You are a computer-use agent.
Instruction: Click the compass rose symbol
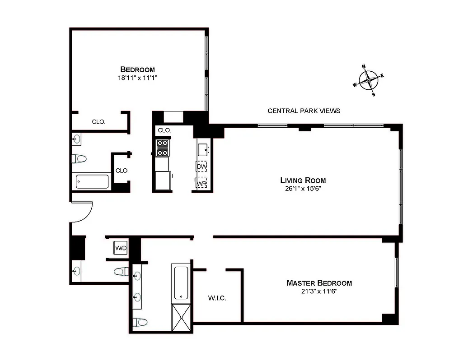(370, 81)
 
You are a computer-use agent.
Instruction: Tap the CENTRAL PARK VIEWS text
(304, 111)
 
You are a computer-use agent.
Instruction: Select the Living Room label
(303, 180)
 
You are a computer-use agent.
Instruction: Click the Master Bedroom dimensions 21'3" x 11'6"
(319, 292)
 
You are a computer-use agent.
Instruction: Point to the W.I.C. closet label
(217, 298)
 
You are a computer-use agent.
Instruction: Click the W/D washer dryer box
(121, 248)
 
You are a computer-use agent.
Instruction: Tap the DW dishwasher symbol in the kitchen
(201, 167)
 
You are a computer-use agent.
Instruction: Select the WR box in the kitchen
(201, 184)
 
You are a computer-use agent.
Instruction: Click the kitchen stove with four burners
(162, 148)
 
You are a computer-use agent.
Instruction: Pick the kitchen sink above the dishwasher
(202, 148)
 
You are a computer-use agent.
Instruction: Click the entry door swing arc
(83, 212)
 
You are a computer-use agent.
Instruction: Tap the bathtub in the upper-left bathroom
(92, 182)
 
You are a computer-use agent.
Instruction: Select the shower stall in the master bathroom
(182, 318)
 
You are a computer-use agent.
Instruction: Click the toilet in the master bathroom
(141, 322)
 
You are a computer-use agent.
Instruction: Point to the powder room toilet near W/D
(121, 271)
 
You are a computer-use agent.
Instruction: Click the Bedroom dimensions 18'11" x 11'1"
(137, 78)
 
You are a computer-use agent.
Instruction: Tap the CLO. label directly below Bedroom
(98, 121)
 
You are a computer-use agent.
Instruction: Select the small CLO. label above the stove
(164, 130)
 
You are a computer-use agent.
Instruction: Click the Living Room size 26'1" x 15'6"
(303, 188)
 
